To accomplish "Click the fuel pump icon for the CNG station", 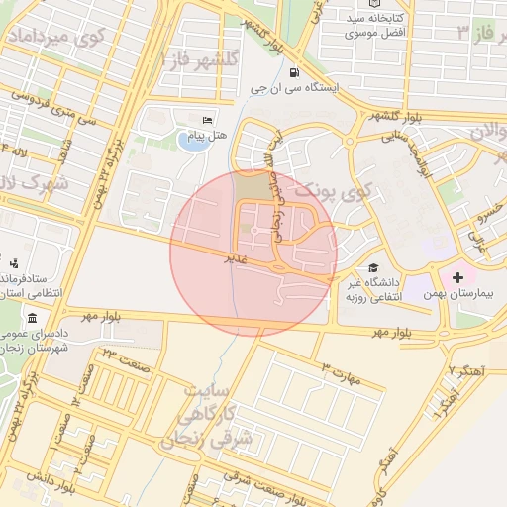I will tap(293, 73).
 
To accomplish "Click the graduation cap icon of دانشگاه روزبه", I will tap(373, 268).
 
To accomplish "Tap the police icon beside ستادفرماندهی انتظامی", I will tap(14, 263).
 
